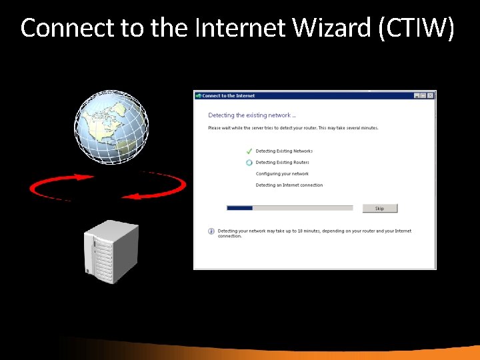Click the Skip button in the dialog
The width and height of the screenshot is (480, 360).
(x=379, y=209)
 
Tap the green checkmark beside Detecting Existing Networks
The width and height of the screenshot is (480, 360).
(x=249, y=151)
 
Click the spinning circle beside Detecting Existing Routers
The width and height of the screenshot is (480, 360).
(x=249, y=162)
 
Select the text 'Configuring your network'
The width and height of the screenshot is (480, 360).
(x=282, y=174)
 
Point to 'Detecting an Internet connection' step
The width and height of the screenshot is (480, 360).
(x=289, y=185)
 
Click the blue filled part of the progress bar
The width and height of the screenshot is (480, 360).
(x=239, y=208)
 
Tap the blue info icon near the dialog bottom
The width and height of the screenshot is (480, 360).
(x=211, y=231)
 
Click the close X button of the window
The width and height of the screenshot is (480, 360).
(x=431, y=95)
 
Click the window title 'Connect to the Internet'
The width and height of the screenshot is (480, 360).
(x=228, y=96)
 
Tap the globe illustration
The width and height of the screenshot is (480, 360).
(x=111, y=127)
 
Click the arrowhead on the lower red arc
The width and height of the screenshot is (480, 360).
(x=133, y=196)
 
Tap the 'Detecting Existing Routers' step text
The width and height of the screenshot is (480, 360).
(x=283, y=162)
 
